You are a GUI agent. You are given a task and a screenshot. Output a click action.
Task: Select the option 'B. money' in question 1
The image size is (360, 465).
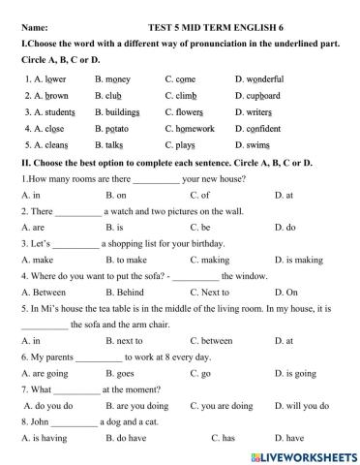[x=113, y=78]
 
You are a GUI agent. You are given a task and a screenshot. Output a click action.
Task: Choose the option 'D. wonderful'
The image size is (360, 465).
[x=259, y=78]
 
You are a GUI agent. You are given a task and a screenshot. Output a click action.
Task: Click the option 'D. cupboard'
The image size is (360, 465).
[x=257, y=96]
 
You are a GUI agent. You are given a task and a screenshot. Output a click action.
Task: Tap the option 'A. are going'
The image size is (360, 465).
[x=45, y=372]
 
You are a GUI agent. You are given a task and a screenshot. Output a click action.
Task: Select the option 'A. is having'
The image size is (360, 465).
[x=45, y=438]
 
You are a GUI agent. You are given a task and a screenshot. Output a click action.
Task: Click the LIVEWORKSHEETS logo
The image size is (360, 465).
[x=298, y=453]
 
